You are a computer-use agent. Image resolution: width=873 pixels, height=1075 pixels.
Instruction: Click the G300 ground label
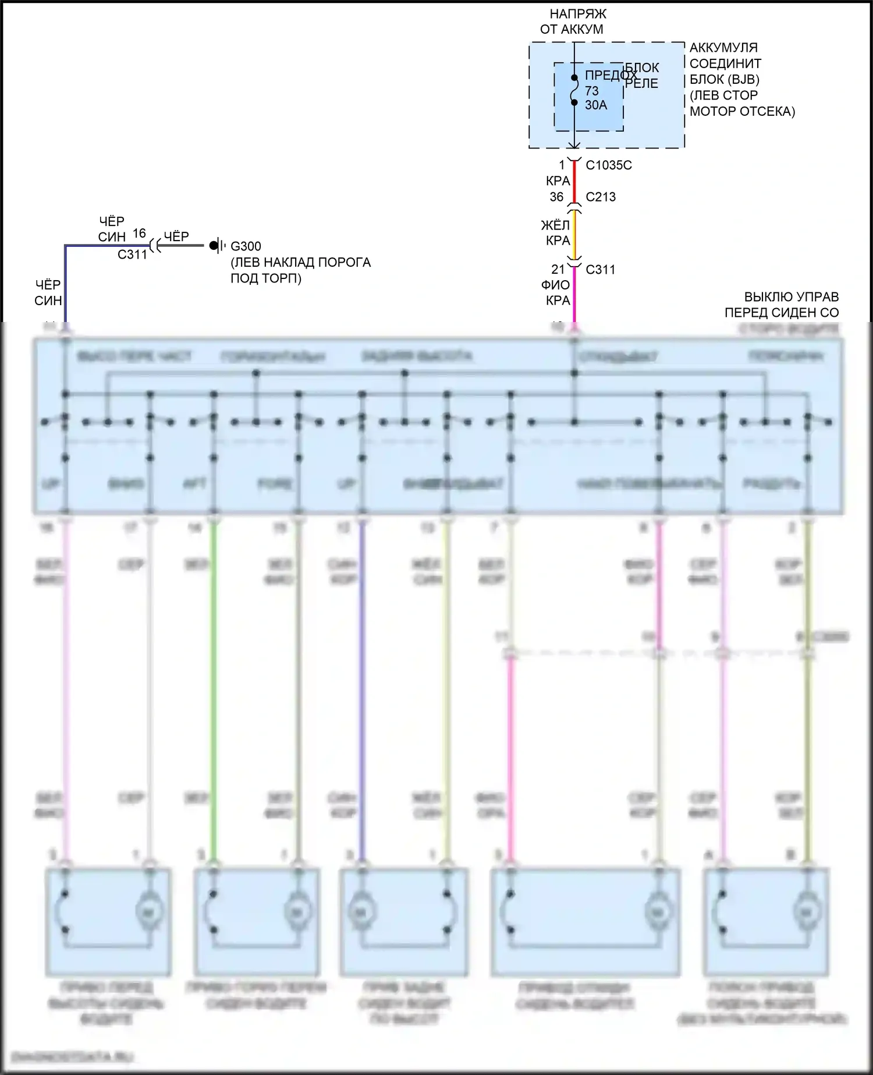(x=246, y=246)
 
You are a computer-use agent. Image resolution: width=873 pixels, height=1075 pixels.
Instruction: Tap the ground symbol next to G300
(x=217, y=246)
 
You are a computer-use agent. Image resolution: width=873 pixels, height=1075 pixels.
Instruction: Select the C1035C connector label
(x=608, y=165)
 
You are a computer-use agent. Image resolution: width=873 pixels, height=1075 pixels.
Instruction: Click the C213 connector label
(x=600, y=197)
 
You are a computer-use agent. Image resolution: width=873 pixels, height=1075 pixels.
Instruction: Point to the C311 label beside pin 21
(x=600, y=270)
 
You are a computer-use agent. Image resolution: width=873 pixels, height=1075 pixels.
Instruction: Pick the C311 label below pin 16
(x=132, y=254)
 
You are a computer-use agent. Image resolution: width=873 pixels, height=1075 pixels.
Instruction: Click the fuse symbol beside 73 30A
(x=574, y=90)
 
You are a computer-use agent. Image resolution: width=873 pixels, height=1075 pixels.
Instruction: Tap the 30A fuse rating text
(x=595, y=105)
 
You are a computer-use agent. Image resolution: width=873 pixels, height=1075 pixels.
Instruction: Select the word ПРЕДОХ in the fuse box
(x=610, y=76)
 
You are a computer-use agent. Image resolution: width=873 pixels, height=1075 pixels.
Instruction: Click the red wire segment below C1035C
(x=574, y=182)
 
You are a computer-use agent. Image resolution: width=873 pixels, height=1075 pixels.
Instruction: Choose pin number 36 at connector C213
(x=556, y=197)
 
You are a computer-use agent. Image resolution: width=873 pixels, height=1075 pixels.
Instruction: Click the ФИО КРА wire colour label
(x=557, y=293)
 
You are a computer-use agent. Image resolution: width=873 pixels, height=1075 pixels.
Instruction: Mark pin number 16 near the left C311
(x=139, y=234)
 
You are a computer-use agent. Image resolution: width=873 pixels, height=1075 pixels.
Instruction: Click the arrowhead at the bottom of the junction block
(x=574, y=146)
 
